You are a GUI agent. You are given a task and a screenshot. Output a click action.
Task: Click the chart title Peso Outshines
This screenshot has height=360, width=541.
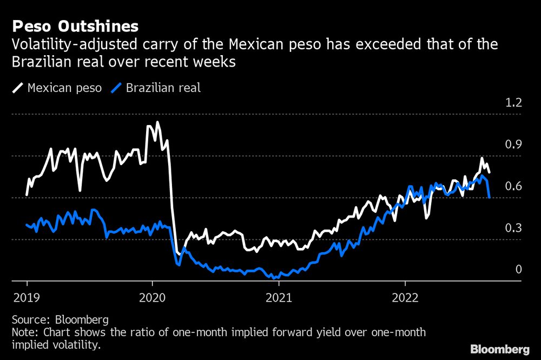[x=76, y=26]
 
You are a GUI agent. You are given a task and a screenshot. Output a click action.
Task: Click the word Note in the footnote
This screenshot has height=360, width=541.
[x=23, y=332]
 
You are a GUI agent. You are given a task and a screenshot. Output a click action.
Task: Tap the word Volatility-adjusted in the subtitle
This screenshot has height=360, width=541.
[x=60, y=44]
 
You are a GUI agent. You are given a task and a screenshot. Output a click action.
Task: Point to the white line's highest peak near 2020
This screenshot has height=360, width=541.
[x=157, y=122]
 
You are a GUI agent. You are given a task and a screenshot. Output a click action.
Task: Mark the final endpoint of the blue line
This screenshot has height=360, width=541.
[x=489, y=198]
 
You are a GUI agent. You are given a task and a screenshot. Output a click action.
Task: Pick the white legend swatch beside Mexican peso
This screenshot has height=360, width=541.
[x=18, y=87]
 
